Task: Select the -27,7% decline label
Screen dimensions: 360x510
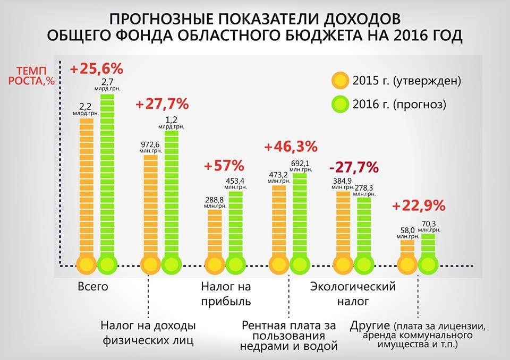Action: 353,168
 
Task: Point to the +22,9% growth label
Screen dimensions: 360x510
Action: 419,206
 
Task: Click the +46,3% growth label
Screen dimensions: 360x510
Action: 291,146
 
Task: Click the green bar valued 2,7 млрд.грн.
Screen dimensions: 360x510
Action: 108,175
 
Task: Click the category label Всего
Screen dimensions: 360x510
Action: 93,287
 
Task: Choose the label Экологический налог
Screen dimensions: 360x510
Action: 353,295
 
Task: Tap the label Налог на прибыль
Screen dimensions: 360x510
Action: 226,295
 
